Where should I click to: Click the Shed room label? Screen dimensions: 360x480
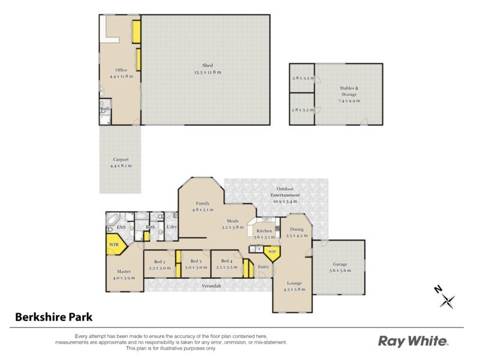tap(208, 65)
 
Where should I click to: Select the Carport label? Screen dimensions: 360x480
tap(121, 160)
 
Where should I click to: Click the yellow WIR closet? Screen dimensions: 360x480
tap(113, 245)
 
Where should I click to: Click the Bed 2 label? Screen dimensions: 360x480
tap(159, 262)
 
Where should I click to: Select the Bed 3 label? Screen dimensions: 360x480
tap(195, 262)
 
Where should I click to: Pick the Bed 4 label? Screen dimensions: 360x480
tap(226, 262)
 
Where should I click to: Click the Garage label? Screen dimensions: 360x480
tap(340, 264)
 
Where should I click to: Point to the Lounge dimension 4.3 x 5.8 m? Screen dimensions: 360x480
tap(294, 289)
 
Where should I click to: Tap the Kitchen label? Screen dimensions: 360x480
tap(265, 230)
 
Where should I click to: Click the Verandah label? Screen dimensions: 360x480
tap(211, 286)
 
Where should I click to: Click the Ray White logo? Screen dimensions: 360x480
tap(413, 341)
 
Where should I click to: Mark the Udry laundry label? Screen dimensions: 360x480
tap(172, 226)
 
